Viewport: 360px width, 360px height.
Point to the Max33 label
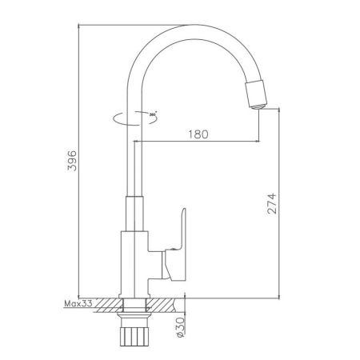[78, 304]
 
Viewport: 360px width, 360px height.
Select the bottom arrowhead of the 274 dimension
[278, 294]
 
